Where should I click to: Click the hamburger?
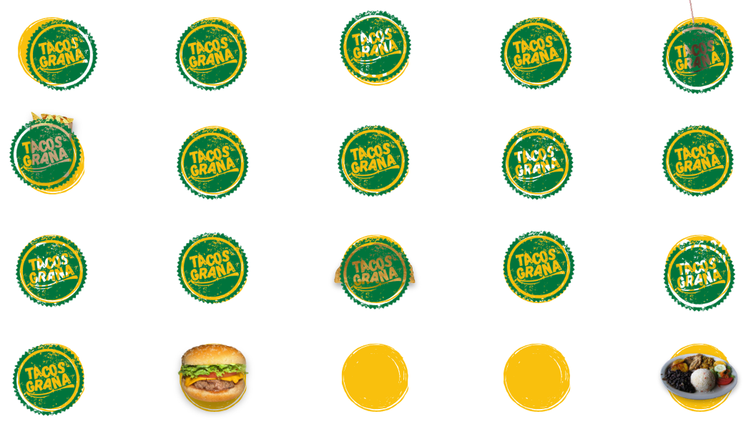click(212, 373)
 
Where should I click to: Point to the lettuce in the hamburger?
click(207, 373)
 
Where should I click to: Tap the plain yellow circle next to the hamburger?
click(375, 377)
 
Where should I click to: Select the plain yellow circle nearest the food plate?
click(536, 377)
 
